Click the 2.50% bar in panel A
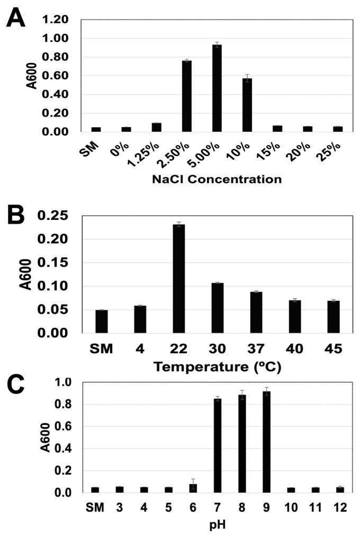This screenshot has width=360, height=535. [x=186, y=96]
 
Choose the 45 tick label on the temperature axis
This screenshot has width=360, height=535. [x=333, y=349]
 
